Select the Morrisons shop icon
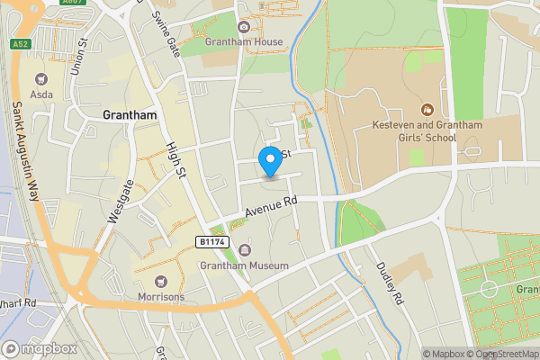point(161,282)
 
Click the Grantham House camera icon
point(244,27)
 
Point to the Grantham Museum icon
point(244,250)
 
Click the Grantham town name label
point(130,115)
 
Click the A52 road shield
point(19,43)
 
